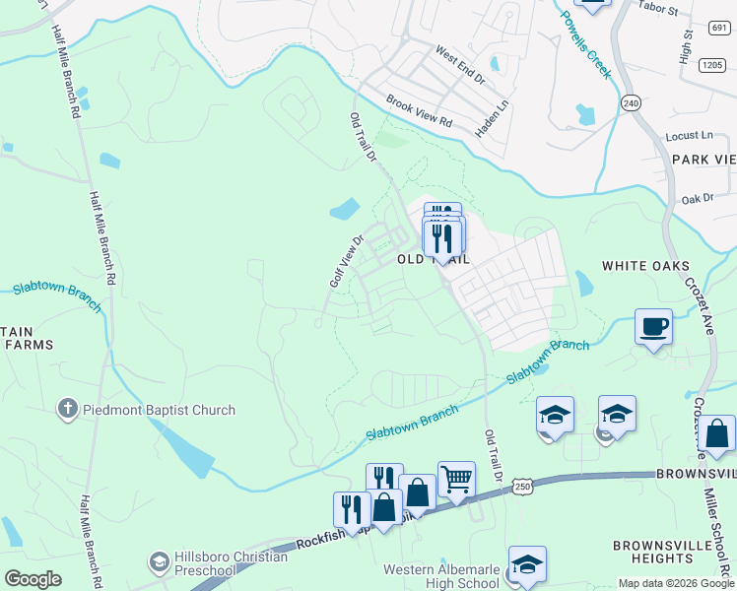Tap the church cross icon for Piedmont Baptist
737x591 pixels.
click(x=68, y=410)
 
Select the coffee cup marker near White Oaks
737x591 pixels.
click(x=653, y=326)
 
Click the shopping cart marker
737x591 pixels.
click(x=456, y=480)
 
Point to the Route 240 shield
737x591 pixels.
click(x=632, y=102)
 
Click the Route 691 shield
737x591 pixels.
click(x=718, y=28)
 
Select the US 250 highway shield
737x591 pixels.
click(x=522, y=486)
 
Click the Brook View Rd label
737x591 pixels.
click(x=418, y=111)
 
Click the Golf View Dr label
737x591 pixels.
click(x=346, y=261)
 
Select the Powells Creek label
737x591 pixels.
click(x=586, y=44)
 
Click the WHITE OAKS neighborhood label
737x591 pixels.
click(x=646, y=266)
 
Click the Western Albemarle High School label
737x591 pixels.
click(x=441, y=576)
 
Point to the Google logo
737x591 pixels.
click(x=33, y=578)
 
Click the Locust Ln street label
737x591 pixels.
click(x=689, y=135)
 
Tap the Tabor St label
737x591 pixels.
click(x=659, y=11)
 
